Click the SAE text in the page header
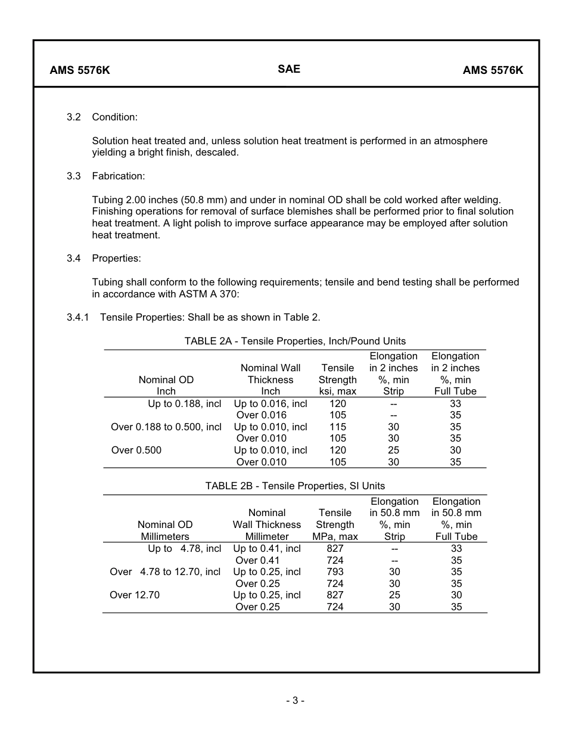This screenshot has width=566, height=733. pyautogui.click(x=289, y=69)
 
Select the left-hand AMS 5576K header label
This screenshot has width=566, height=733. pyautogui.click(x=80, y=70)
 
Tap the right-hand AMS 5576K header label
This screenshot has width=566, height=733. pyautogui.click(x=493, y=70)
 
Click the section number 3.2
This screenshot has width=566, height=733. pyautogui.click(x=73, y=117)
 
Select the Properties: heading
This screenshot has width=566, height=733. pyautogui.click(x=116, y=259)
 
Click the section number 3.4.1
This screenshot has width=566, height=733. pyautogui.click(x=77, y=317)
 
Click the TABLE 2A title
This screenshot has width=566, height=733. pyautogui.click(x=295, y=341)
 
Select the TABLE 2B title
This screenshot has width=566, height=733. pyautogui.click(x=295, y=486)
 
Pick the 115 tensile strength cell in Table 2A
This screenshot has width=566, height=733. pyautogui.click(x=338, y=427)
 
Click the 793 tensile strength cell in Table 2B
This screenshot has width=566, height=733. pyautogui.click(x=335, y=572)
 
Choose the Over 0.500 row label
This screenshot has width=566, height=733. pyautogui.click(x=136, y=451)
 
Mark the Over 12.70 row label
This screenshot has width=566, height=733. pyautogui.click(x=135, y=595)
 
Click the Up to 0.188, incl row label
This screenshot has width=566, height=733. pyautogui.click(x=184, y=404)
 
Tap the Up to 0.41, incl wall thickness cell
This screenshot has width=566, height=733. pyautogui.click(x=266, y=549)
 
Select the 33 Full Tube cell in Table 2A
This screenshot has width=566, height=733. pyautogui.click(x=455, y=404)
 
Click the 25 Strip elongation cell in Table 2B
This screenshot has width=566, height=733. pyautogui.click(x=394, y=595)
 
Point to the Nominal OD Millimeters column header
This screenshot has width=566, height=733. pyautogui.click(x=165, y=530)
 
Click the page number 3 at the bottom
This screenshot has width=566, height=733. pyautogui.click(x=295, y=701)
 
